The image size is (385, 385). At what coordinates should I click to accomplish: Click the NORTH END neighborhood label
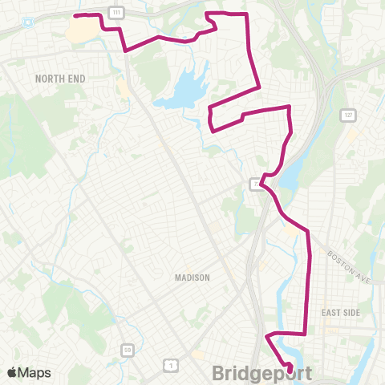pos(60,78)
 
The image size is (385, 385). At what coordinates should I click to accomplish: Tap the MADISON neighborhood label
pos(192,278)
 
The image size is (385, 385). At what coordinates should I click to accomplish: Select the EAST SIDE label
pos(338,312)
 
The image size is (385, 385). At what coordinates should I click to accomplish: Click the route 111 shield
pos(117,14)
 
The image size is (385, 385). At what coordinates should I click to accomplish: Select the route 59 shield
pos(127,350)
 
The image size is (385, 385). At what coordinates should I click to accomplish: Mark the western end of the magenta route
pos(75,15)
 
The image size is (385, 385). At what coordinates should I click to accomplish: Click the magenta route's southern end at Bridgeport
pos(289,350)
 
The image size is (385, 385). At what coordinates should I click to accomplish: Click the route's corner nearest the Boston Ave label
pos(308,231)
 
